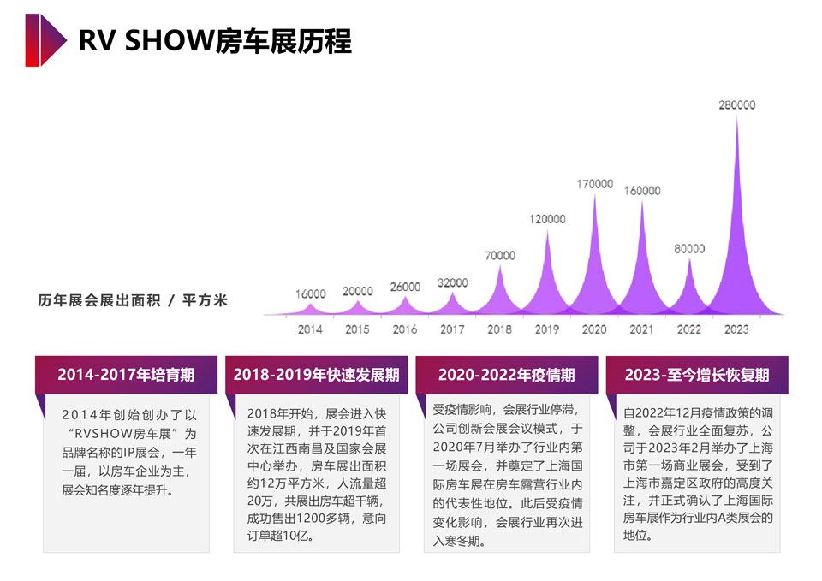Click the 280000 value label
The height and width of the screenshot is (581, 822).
point(736,105)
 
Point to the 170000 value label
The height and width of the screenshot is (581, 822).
point(595,184)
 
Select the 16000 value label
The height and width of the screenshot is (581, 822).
point(311,294)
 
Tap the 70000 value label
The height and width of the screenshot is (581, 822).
point(500,255)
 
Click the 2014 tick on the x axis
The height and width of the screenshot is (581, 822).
point(311,329)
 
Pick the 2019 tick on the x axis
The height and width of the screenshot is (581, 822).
point(546,329)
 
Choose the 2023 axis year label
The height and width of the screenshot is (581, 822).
point(736,329)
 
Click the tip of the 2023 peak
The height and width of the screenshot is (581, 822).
point(736,118)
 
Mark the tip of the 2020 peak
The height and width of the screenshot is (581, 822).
point(595,195)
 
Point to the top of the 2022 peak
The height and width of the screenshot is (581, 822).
point(689,259)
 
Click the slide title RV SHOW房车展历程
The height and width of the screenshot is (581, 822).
point(215,40)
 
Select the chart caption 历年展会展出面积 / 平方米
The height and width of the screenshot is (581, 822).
point(133,301)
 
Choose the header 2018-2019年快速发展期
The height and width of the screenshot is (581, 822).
point(316,375)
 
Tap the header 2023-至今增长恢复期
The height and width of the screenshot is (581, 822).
point(697,375)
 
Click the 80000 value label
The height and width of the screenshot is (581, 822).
point(689,248)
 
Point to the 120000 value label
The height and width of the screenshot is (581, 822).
point(547,219)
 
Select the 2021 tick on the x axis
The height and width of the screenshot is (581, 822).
point(641,329)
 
